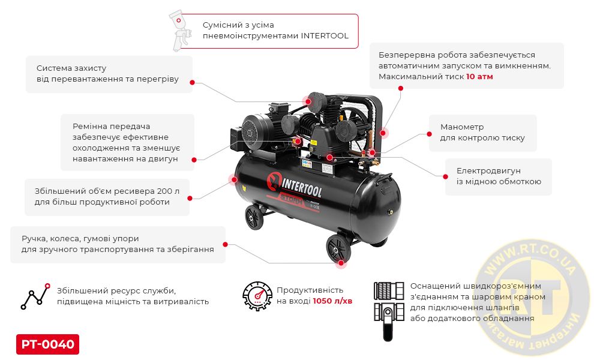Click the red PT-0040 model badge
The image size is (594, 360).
(47, 344)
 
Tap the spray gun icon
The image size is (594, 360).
(181, 31)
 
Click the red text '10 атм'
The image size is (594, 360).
(479, 77)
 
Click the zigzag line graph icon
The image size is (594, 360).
(35, 295)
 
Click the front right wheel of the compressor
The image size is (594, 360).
(337, 249)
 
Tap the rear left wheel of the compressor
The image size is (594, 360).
(254, 216)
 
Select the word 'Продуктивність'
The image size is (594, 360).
(310, 290)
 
